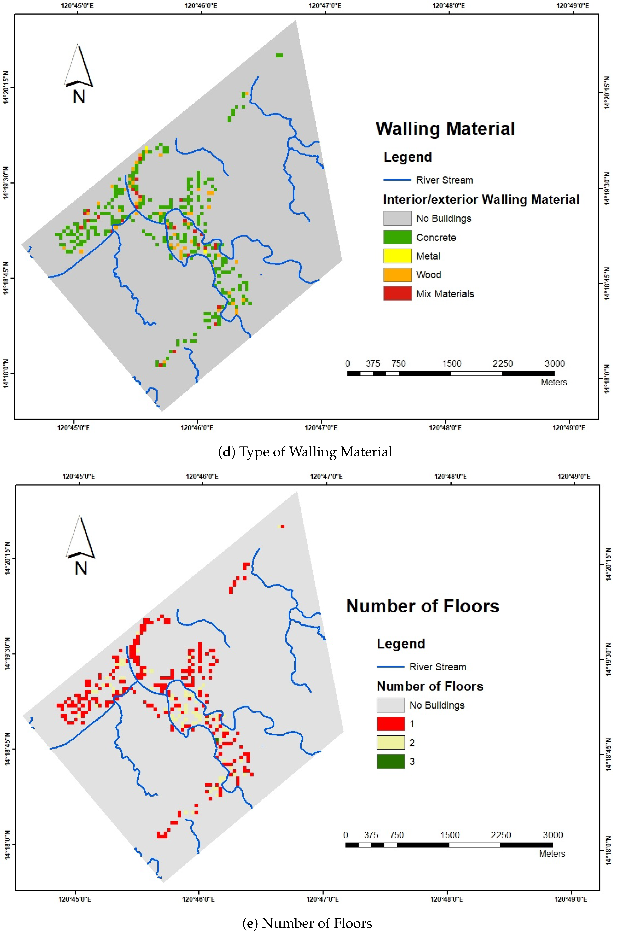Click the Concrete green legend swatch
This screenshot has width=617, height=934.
[397, 237]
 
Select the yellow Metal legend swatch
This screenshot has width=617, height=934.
[397, 256]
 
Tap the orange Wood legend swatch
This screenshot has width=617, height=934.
[397, 275]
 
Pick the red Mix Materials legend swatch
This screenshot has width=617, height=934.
[397, 293]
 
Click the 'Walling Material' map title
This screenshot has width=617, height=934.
[445, 129]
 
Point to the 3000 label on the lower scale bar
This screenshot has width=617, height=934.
[553, 835]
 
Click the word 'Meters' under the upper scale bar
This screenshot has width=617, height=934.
[554, 382]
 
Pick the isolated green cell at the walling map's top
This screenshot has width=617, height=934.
[279, 55]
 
